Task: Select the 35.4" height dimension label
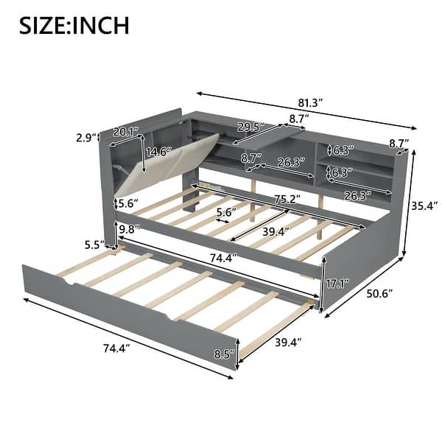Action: (424, 197)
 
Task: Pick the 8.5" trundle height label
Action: (224, 355)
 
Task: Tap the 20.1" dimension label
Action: (126, 133)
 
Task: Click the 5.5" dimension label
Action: (93, 245)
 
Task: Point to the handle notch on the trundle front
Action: (175, 318)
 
